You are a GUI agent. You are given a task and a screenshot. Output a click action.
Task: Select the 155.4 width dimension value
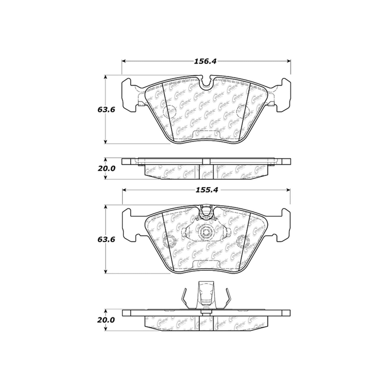(205, 190)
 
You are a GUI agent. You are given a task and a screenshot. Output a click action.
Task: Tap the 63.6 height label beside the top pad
(106, 109)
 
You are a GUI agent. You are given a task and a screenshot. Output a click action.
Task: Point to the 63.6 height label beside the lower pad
(106, 239)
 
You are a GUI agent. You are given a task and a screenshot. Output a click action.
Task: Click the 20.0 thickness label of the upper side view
(106, 168)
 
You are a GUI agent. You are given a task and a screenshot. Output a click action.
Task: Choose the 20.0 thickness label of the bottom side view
(106, 320)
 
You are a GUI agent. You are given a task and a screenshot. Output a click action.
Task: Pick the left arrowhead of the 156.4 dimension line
(124, 61)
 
